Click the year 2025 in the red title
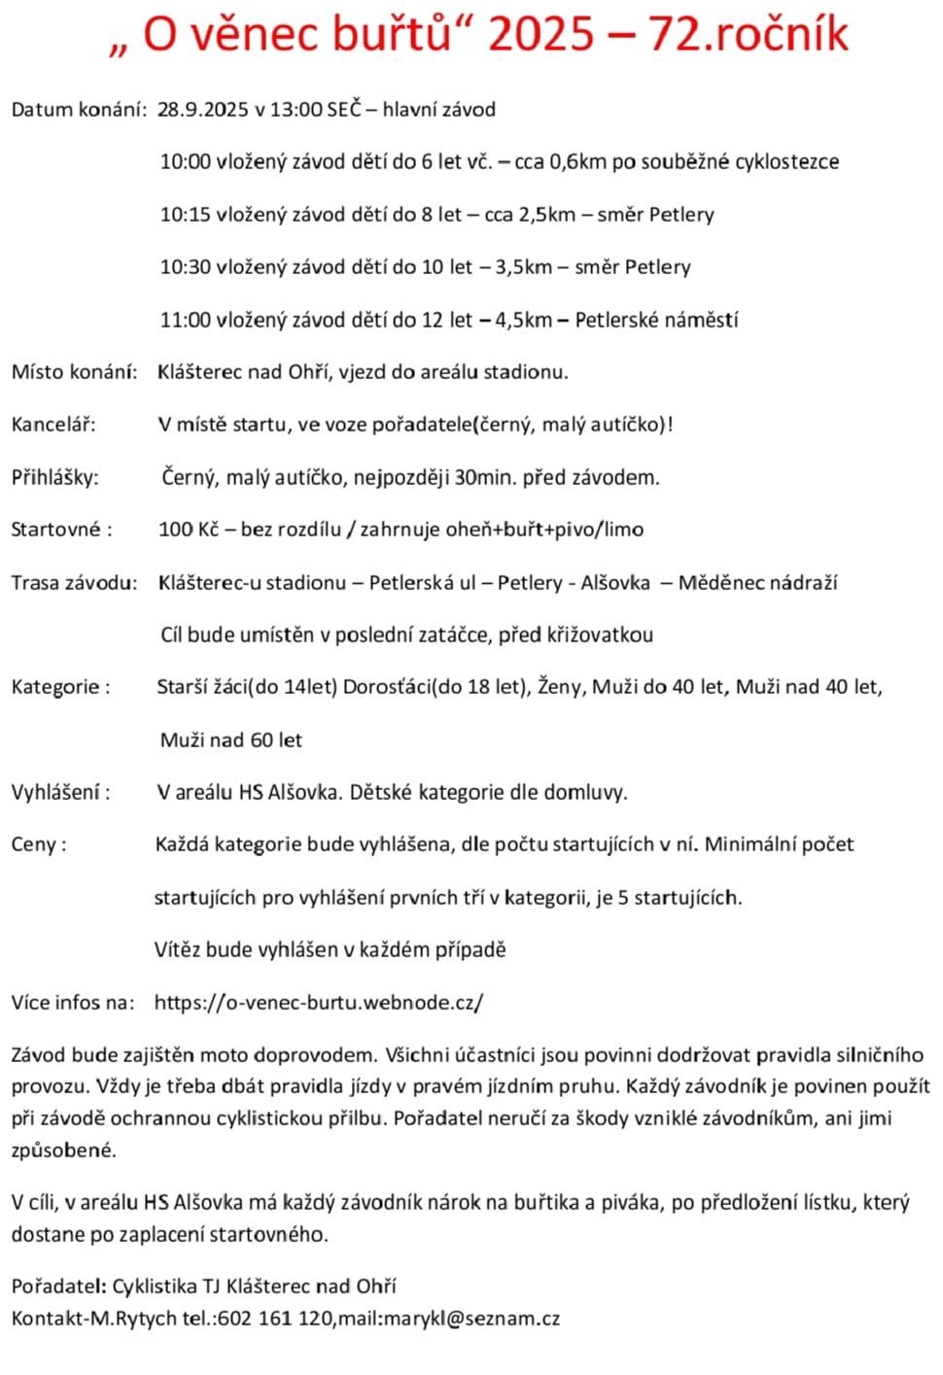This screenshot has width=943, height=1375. click(541, 35)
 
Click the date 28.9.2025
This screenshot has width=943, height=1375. click(203, 109)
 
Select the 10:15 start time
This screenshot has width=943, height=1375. click(185, 214)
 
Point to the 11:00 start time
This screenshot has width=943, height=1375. click(185, 319)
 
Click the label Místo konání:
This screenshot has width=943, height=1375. click(74, 371)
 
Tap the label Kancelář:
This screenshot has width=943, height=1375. click(53, 424)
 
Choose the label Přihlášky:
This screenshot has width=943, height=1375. click(55, 477)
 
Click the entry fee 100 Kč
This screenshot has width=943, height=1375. click(189, 530)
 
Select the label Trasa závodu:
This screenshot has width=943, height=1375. click(74, 582)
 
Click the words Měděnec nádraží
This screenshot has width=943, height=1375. click(757, 582)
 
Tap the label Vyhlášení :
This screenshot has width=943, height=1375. click(60, 792)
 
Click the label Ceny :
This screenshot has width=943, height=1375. click(39, 844)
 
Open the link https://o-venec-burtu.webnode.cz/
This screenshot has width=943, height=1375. click(319, 1002)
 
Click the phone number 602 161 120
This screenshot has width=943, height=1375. click(275, 1319)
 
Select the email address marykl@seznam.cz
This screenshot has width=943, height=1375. click(473, 1319)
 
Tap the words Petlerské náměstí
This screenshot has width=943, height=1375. click(656, 319)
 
